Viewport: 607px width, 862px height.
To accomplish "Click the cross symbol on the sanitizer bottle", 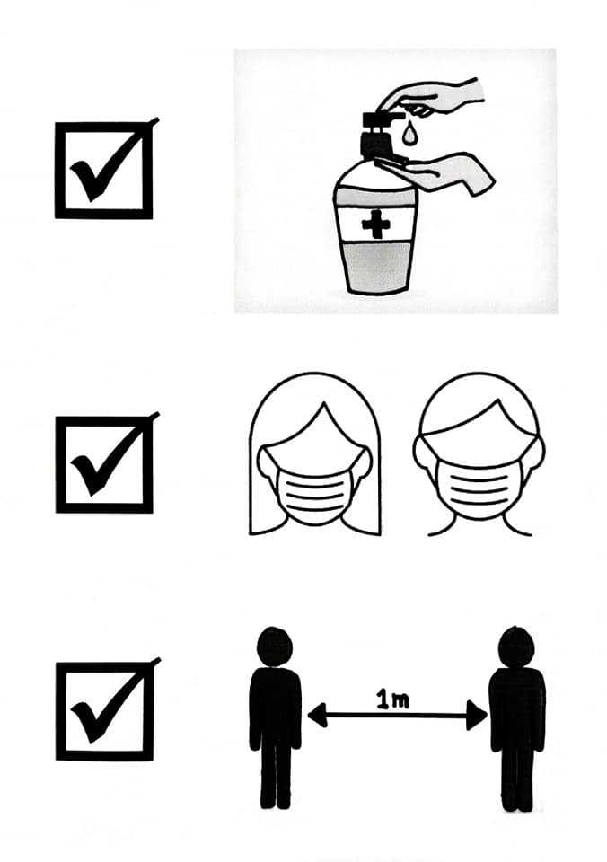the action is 376,224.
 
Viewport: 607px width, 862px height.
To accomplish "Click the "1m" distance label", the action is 392,699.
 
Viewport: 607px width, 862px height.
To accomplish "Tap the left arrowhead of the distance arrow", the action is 318,716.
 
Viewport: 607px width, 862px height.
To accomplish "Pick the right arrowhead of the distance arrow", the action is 476,716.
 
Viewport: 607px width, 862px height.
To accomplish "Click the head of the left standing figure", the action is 275,647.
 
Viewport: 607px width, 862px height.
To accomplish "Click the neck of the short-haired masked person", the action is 479,525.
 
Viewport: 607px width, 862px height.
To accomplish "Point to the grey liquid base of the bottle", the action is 376,267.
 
